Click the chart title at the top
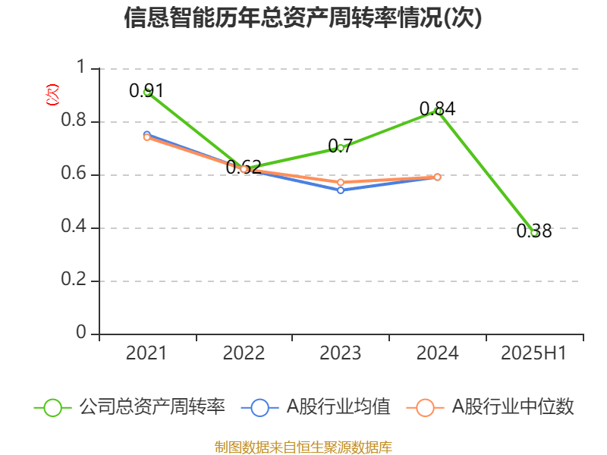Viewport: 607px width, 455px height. [x=303, y=18]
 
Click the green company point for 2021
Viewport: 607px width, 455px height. [x=146, y=92]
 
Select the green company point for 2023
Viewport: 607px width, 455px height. [x=341, y=147]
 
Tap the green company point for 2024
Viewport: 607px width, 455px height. [x=438, y=111]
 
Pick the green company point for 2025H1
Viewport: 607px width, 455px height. [x=534, y=233]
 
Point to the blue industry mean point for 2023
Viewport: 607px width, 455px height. [x=341, y=190]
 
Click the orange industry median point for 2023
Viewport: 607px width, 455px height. [x=341, y=182]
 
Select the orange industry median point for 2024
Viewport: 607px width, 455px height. [x=438, y=177]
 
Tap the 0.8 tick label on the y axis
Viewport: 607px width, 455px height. [x=75, y=122]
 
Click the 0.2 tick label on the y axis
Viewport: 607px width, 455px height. [x=75, y=281]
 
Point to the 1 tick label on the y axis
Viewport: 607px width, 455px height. [x=83, y=69]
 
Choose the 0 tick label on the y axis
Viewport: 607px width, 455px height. [x=83, y=334]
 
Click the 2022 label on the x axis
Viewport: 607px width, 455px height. [x=244, y=353]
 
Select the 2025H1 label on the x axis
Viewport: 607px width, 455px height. [x=534, y=353]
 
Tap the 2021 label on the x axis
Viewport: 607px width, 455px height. [x=146, y=353]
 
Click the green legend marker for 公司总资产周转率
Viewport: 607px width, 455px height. [x=52, y=407]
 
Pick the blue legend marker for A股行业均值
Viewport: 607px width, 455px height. [x=259, y=407]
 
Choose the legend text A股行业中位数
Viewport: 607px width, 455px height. [x=513, y=407]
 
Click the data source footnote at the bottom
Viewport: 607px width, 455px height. [x=303, y=447]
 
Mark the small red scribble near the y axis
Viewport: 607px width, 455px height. [x=52, y=95]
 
